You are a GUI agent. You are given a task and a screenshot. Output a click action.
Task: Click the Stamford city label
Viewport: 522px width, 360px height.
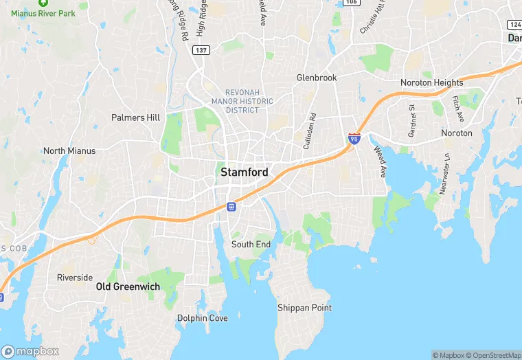pyautogui.click(x=244, y=172)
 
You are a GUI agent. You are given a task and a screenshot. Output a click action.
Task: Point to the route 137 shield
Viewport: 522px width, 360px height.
pyautogui.click(x=201, y=50)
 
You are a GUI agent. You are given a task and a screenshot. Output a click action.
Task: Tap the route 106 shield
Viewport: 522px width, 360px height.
pyautogui.click(x=351, y=2)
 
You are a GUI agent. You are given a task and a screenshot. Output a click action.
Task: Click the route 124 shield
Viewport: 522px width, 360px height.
pyautogui.click(x=514, y=24)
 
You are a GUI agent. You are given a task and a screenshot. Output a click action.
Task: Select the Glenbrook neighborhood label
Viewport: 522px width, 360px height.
pyautogui.click(x=317, y=78)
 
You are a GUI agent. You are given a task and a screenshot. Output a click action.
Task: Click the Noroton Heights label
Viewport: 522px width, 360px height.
pyautogui.click(x=432, y=83)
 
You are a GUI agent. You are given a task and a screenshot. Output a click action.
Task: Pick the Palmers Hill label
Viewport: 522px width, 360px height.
pyautogui.click(x=135, y=117)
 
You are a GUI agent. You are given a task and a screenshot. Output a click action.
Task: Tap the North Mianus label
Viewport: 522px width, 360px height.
pyautogui.click(x=69, y=151)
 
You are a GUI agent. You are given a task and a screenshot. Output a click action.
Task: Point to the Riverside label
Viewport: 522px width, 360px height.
pyautogui.click(x=75, y=278)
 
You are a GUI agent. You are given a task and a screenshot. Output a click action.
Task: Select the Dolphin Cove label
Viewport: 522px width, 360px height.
pyautogui.click(x=202, y=318)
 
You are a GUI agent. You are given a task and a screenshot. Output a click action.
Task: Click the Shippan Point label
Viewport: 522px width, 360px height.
pyautogui.click(x=304, y=308)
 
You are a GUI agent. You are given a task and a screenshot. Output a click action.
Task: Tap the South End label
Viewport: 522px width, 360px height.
pyautogui.click(x=251, y=245)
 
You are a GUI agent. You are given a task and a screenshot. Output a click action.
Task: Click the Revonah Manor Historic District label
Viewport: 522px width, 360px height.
pyautogui.click(x=249, y=101)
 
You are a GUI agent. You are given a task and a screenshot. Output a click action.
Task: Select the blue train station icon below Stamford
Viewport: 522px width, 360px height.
pyautogui.click(x=231, y=207)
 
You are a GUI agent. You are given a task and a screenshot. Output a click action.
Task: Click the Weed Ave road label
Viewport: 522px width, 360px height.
pyautogui.click(x=380, y=161)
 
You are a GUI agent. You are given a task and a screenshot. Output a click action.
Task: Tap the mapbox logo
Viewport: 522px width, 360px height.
pyautogui.click(x=30, y=351)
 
